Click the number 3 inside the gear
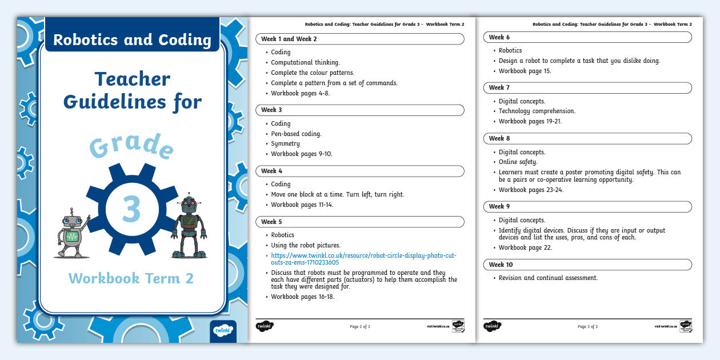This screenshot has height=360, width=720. coord(131,210)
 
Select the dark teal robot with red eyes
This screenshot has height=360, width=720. coord(189,227)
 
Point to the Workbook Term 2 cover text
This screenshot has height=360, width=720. coord(131,278)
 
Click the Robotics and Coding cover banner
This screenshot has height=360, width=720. coord(132,40)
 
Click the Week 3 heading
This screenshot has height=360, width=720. coord(272,110)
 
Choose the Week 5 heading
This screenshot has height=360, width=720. coord(272,222)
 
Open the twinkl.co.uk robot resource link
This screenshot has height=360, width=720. coord(363,258)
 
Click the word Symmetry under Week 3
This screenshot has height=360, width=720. coord(285,144)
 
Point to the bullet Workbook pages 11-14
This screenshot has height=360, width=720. coord(302,205)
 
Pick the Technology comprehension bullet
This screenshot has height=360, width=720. coord(537,111)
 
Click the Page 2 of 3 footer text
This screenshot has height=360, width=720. coord(360,327)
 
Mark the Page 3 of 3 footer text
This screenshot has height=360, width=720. coord(587,327)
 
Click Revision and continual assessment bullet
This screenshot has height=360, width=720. coord(547,278)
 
